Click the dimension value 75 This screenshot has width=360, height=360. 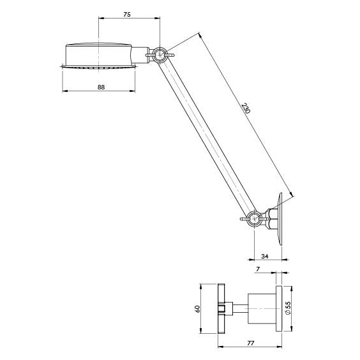coord(127,15)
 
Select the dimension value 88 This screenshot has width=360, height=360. coord(101,87)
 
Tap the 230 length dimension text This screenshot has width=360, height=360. coord(246,109)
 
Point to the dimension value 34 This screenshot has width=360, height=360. coord(265,256)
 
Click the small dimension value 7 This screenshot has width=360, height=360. coord(258,269)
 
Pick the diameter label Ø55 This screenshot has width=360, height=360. coord(288,308)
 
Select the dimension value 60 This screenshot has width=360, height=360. coord(197,309)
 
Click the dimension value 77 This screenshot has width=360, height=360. coord(250,343)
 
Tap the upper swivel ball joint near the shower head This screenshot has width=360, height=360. coord(160,55)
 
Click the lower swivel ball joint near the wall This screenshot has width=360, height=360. coord(255,218)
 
